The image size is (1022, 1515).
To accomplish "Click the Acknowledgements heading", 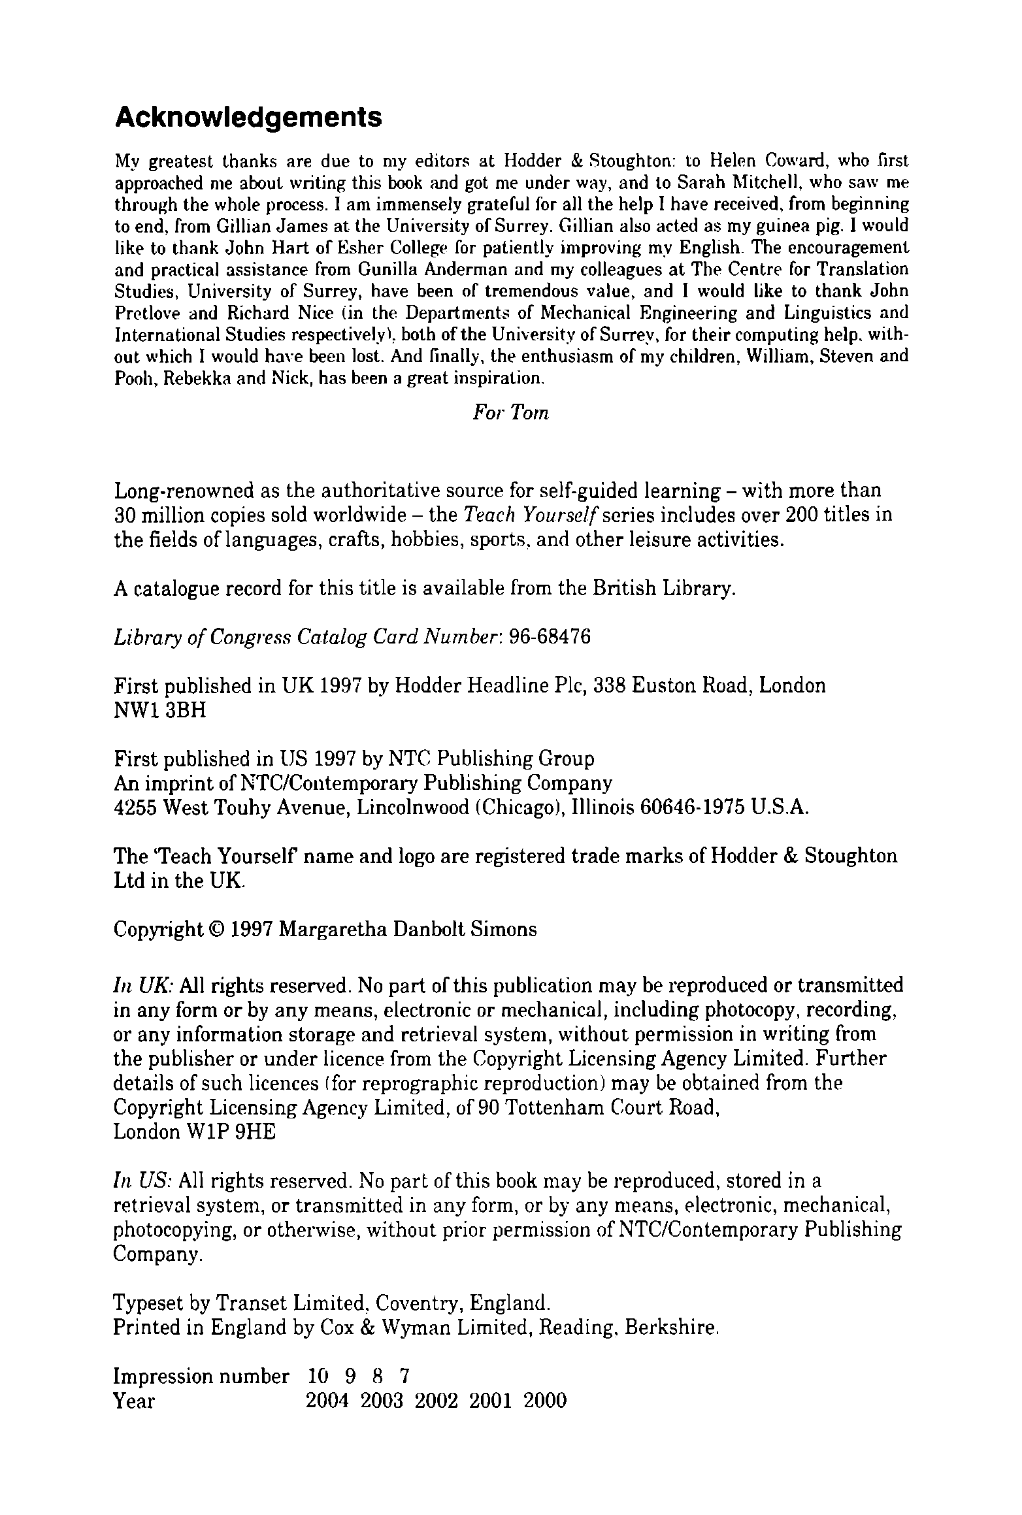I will (248, 118).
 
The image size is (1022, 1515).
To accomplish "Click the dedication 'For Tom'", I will (510, 414).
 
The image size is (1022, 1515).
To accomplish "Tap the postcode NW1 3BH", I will (159, 710).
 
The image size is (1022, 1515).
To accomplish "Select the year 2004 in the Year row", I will (328, 1401).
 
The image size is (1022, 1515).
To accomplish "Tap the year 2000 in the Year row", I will (545, 1401).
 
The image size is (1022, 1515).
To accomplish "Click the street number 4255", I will (135, 807).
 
